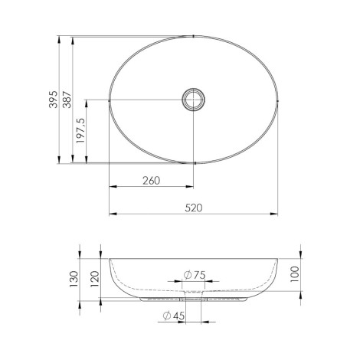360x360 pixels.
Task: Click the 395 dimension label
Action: (54, 100)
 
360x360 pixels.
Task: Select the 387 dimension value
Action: (67, 100)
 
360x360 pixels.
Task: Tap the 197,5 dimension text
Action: (80, 130)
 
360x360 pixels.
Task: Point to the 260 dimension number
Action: (151, 181)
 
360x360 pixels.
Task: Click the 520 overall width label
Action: (194, 208)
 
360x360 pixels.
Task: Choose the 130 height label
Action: (74, 279)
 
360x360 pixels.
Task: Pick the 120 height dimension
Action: (94, 279)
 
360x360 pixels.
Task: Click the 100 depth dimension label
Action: (294, 274)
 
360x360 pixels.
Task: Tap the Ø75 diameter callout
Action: (195, 275)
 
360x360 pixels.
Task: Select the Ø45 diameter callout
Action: (174, 316)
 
